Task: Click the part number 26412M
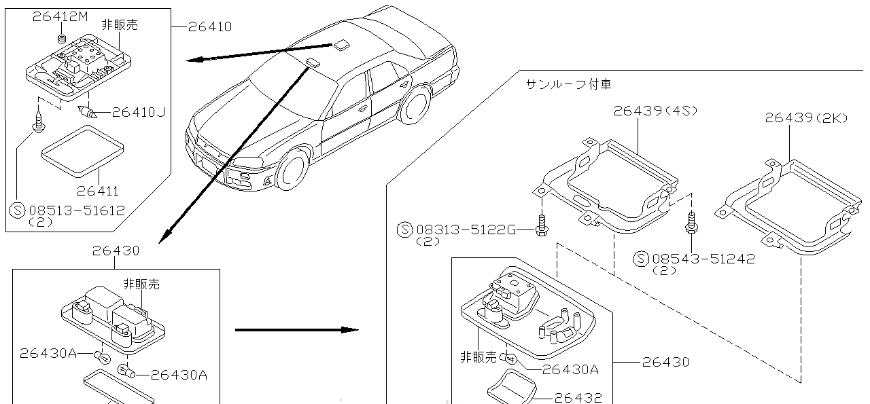[60, 17]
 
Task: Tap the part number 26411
[98, 192]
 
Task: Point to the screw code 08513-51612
[76, 210]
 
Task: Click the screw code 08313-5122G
[465, 229]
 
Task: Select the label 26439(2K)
[806, 117]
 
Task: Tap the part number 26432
[578, 397]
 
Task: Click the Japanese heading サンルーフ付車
[568, 84]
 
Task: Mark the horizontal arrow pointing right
[296, 330]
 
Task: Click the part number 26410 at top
[210, 26]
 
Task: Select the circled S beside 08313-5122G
[405, 229]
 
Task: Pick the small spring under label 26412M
[62, 39]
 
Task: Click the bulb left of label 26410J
[88, 113]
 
